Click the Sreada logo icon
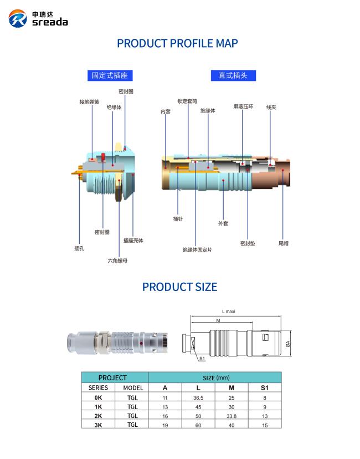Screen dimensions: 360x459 [18, 18]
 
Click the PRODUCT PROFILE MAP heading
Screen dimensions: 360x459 [177, 43]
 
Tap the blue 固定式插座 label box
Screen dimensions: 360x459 [110, 75]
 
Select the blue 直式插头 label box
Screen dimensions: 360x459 [233, 75]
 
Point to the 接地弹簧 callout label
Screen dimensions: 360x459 [89, 102]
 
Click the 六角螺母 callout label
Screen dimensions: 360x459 [117, 261]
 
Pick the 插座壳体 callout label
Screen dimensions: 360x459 [133, 241]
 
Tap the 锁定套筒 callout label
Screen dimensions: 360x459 [187, 101]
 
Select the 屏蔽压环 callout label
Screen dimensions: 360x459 [243, 106]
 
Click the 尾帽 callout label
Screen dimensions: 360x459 [284, 243]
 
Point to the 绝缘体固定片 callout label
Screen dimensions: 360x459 [197, 249]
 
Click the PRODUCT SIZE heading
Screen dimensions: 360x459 [179, 287]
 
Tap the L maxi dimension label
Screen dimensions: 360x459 [228, 312]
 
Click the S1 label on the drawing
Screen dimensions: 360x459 [202, 359]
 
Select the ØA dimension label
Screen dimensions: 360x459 [288, 344]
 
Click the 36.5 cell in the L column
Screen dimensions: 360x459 [198, 398]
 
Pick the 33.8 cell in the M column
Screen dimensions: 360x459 [232, 416]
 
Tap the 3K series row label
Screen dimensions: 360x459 [98, 425]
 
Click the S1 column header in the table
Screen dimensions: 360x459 [265, 388]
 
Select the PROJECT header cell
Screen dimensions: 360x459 [112, 378]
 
